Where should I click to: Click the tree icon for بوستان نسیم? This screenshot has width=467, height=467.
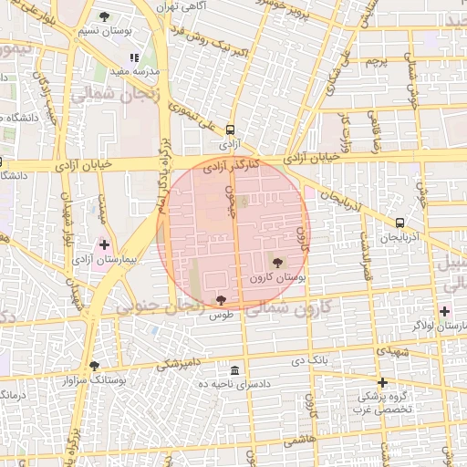pyautogui.click(x=105, y=16)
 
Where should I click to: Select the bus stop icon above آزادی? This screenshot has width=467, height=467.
pyautogui.click(x=229, y=130)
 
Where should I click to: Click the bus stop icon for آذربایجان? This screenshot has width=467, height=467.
pyautogui.click(x=400, y=223)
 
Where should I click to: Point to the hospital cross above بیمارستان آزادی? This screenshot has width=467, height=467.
pyautogui.click(x=104, y=244)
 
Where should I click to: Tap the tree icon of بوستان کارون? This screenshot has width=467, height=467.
pyautogui.click(x=277, y=262)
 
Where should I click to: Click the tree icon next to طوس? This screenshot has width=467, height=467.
pyautogui.click(x=221, y=299)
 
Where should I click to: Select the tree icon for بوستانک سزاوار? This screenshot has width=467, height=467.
pyautogui.click(x=94, y=366)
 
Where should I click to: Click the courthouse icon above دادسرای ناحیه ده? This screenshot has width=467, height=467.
pyautogui.click(x=235, y=370)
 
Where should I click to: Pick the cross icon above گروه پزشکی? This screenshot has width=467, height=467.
pyautogui.click(x=382, y=381)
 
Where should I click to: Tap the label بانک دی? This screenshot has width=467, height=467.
pyautogui.click(x=308, y=361)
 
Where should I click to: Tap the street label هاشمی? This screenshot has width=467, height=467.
pyautogui.click(x=300, y=440)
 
